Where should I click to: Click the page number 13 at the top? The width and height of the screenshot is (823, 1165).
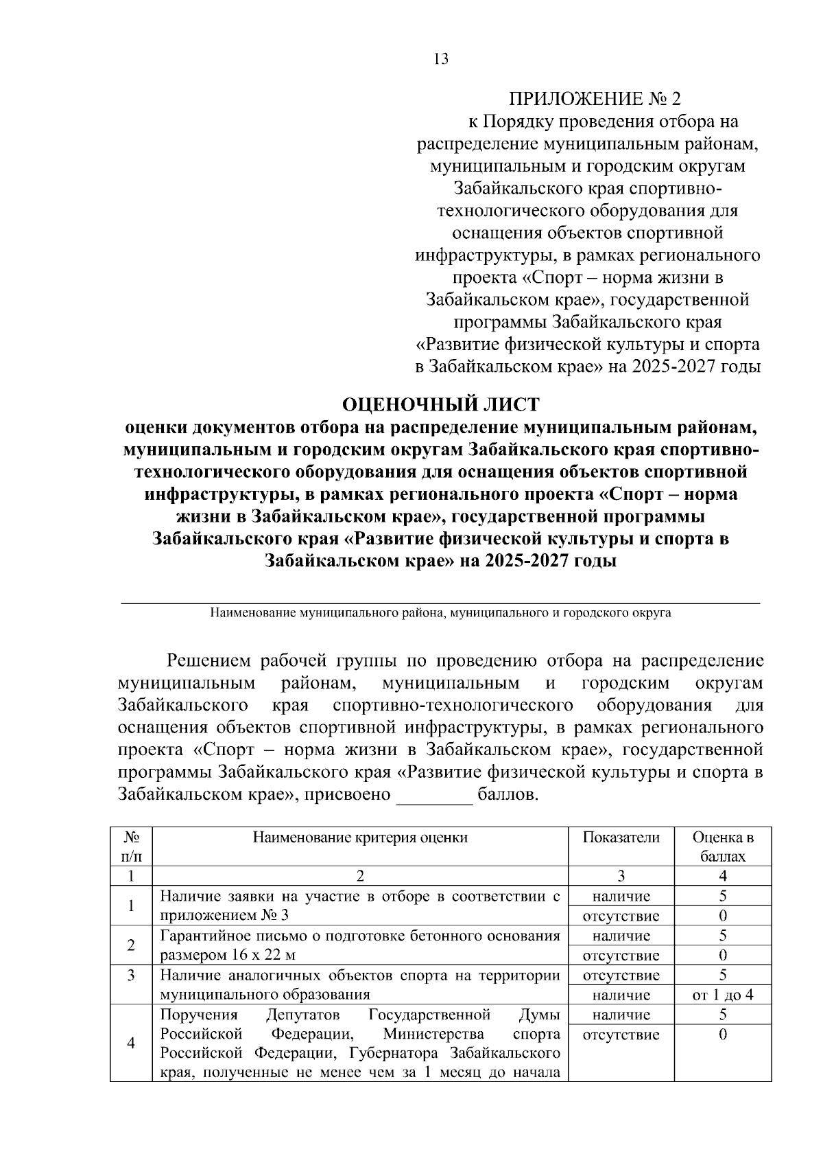coord(441,59)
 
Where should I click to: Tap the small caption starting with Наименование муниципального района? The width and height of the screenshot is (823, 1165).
coord(440,612)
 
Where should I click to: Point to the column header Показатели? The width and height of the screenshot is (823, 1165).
coord(621,837)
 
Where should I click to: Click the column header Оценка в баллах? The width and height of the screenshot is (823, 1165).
coord(723,846)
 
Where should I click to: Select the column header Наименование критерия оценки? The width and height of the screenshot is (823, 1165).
coord(360,837)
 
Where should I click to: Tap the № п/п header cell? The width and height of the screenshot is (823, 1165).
coord(132,846)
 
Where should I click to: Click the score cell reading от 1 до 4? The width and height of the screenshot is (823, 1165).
coord(723,995)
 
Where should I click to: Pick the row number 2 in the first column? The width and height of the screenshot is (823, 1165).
coord(132,945)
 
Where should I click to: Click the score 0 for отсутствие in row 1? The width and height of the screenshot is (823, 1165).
coord(723,916)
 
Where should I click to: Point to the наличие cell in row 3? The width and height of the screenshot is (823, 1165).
coord(621,995)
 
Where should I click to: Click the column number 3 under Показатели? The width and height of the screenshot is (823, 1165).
coord(621,875)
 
